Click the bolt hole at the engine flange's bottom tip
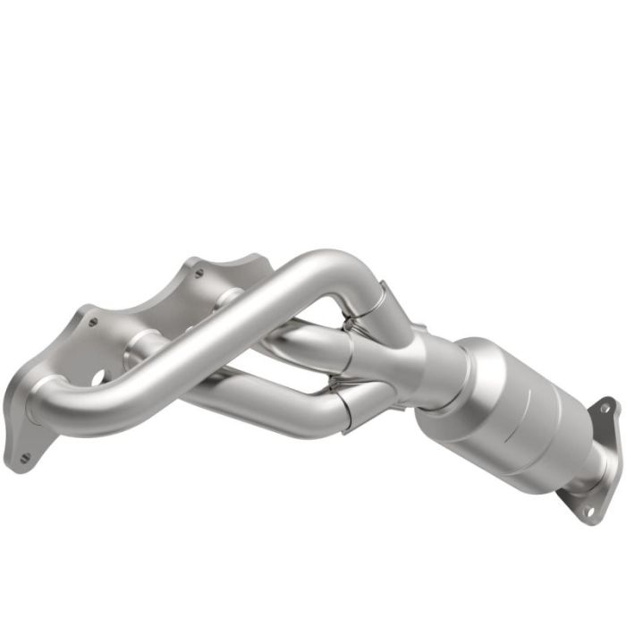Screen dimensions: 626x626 [24, 457]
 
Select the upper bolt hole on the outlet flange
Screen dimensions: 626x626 [605, 408]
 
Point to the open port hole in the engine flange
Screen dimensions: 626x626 [97, 378]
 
